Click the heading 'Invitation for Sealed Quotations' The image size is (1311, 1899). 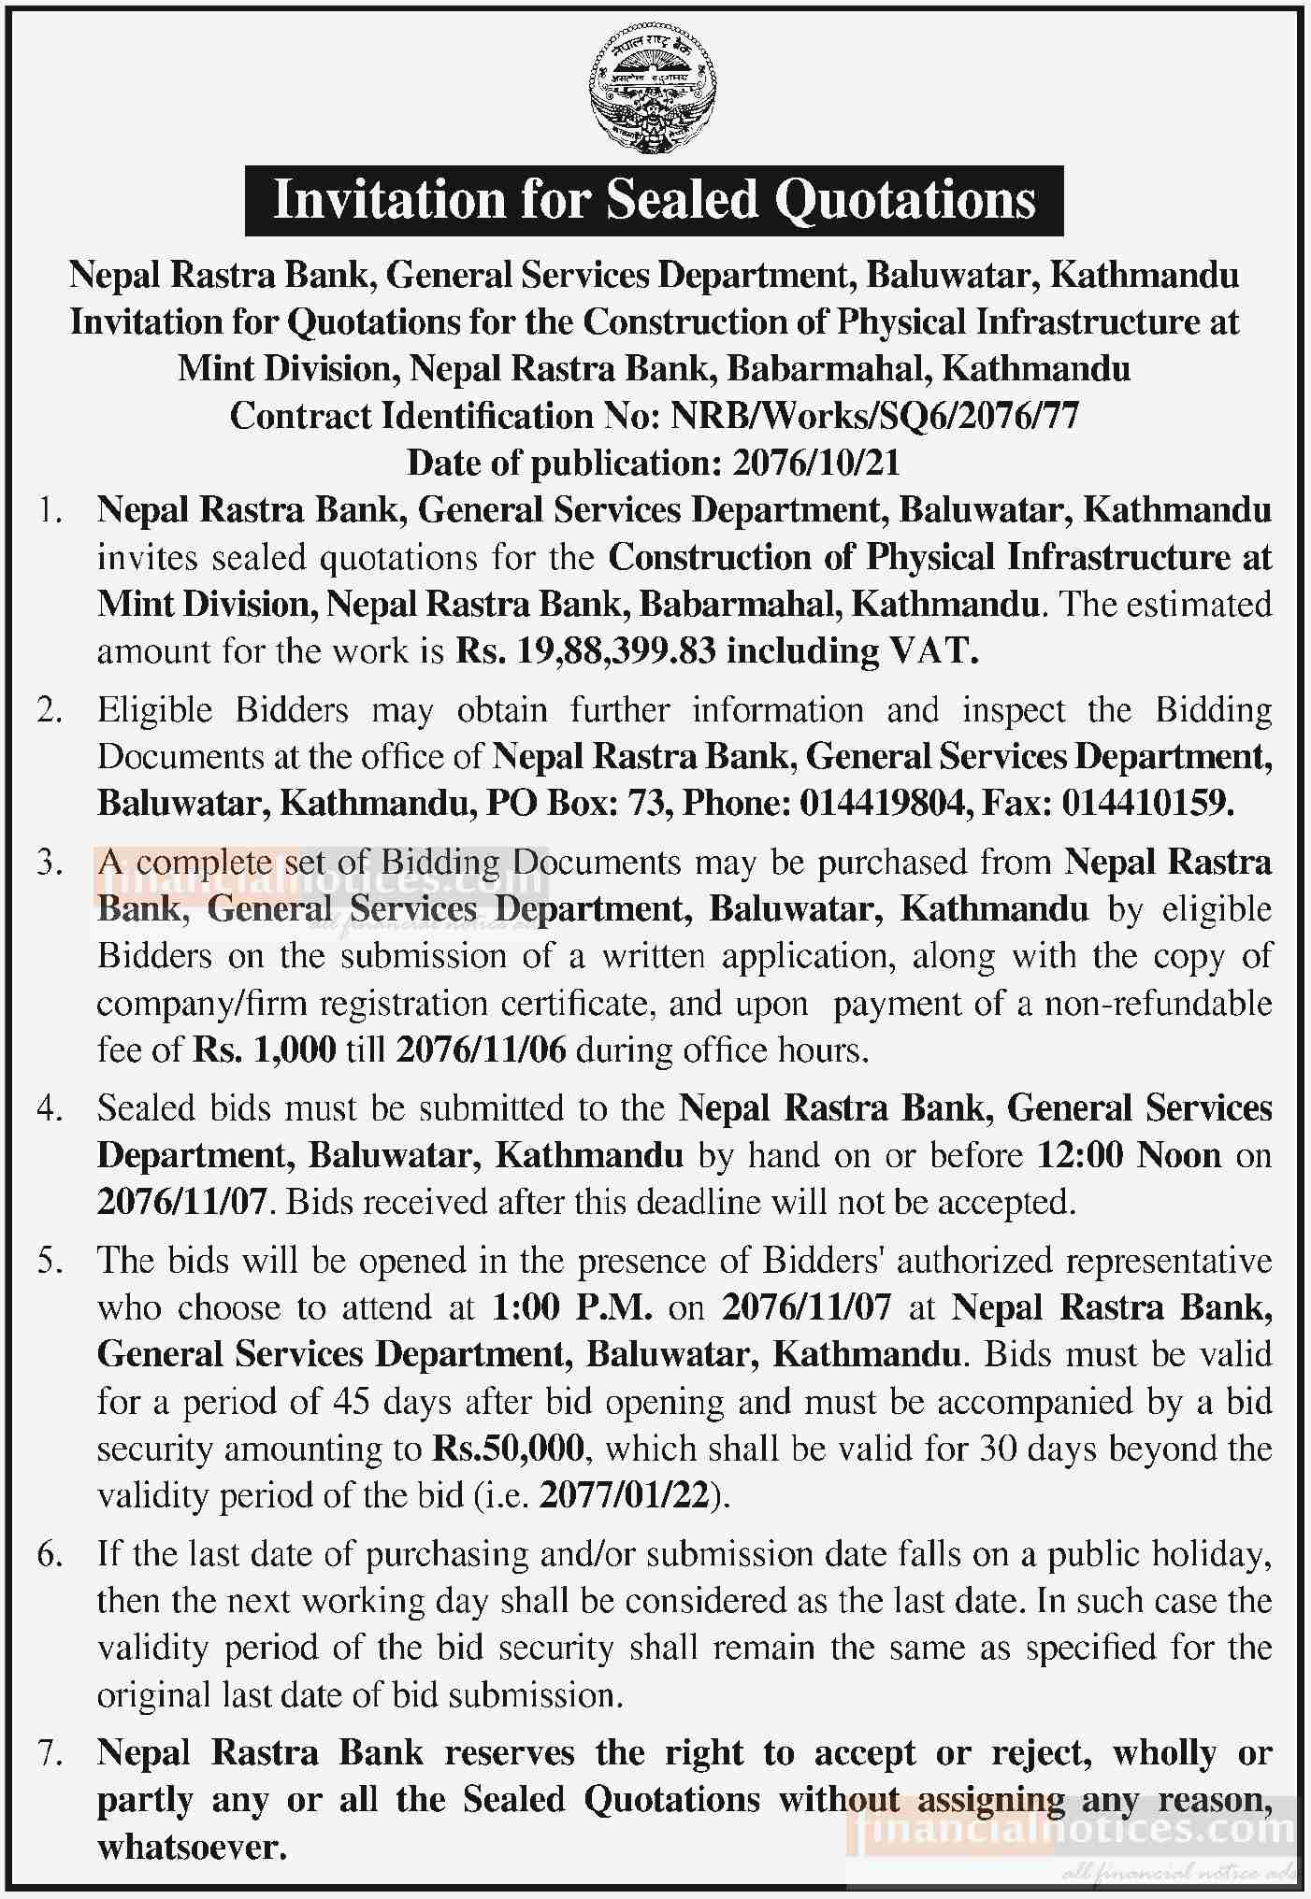tap(654, 200)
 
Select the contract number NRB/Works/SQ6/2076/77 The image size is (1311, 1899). tap(875, 416)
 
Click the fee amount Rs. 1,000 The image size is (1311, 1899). tap(265, 1050)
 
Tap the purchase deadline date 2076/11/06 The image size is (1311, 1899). tap(482, 1050)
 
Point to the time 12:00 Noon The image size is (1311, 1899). tap(1130, 1156)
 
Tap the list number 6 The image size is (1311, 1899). tap(49, 1555)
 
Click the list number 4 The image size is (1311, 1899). tap(49, 1109)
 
